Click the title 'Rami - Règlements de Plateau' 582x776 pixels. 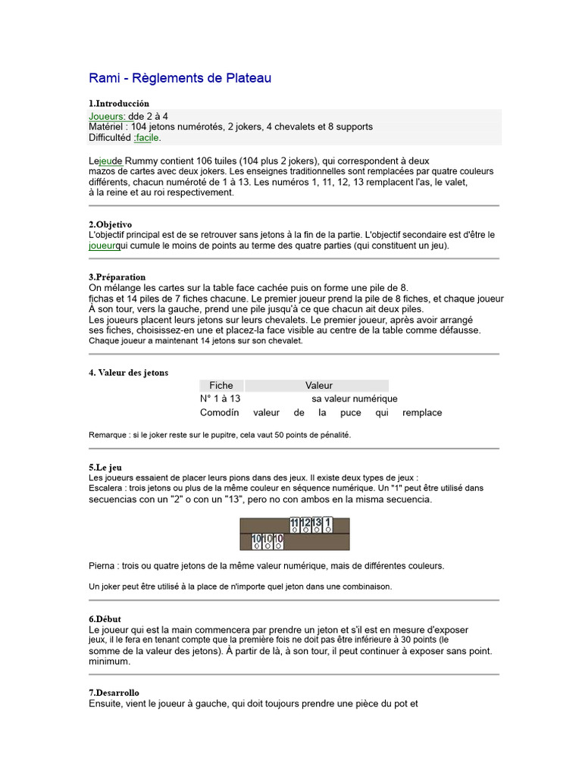180,78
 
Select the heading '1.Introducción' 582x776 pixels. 119,103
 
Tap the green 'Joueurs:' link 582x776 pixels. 107,116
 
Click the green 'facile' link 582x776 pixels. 147,138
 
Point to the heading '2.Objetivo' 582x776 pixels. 111,224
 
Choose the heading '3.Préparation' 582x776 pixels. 117,277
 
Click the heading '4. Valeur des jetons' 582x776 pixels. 128,373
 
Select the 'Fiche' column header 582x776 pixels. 221,386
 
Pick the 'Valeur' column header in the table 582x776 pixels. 318,386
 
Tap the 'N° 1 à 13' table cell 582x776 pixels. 220,399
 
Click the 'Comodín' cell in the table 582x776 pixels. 219,413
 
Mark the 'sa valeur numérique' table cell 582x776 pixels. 354,399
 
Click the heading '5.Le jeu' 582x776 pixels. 105,468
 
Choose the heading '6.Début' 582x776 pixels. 105,619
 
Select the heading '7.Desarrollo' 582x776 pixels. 114,693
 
